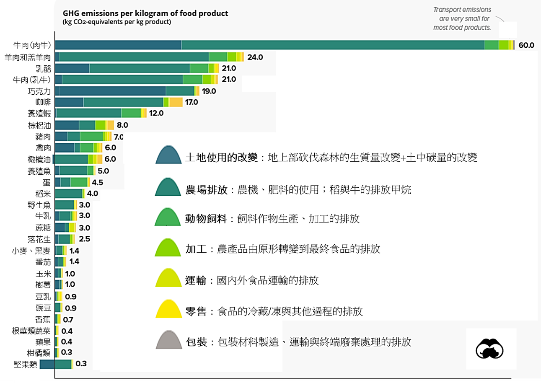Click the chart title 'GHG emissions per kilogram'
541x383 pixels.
145,13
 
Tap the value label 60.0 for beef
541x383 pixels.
526,45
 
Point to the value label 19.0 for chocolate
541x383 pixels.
208,91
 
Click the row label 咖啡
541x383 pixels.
43,102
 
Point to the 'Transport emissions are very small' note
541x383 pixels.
462,18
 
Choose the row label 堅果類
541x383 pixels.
26,364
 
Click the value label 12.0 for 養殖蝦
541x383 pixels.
156,113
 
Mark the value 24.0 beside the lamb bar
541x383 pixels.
255,57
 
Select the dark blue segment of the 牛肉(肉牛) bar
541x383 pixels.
118,45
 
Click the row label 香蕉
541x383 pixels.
43,319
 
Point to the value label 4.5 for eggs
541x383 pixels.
97,182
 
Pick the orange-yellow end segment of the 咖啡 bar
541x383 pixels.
176,102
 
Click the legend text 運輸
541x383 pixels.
196,280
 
